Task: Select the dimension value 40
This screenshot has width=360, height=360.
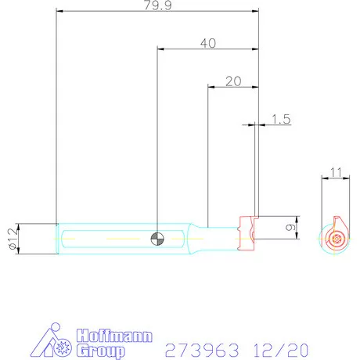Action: click(208, 44)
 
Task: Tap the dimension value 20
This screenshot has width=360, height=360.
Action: click(232, 81)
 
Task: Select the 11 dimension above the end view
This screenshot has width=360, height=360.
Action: click(337, 172)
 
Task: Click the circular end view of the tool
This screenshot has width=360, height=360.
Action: click(337, 239)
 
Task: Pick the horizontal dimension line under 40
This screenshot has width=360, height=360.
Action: click(208, 51)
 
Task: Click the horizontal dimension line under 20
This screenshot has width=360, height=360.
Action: click(232, 88)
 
